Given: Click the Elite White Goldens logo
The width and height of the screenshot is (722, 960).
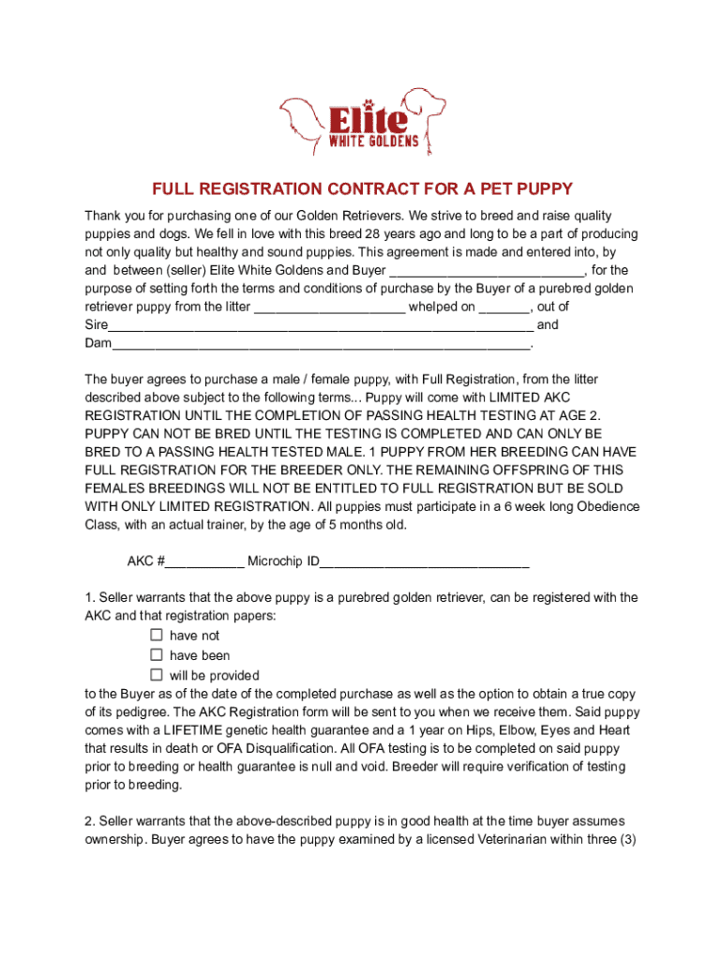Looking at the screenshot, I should click(x=362, y=123).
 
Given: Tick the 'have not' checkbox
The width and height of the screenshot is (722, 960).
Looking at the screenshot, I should click(x=157, y=636).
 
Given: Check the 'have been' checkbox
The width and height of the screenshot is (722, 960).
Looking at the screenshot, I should click(x=157, y=655).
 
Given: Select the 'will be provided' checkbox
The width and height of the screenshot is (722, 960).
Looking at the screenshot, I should click(x=157, y=675).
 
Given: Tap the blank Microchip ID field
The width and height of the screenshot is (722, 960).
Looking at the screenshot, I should click(x=425, y=564).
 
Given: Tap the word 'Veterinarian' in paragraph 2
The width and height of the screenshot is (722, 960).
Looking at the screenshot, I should click(x=520, y=839).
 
